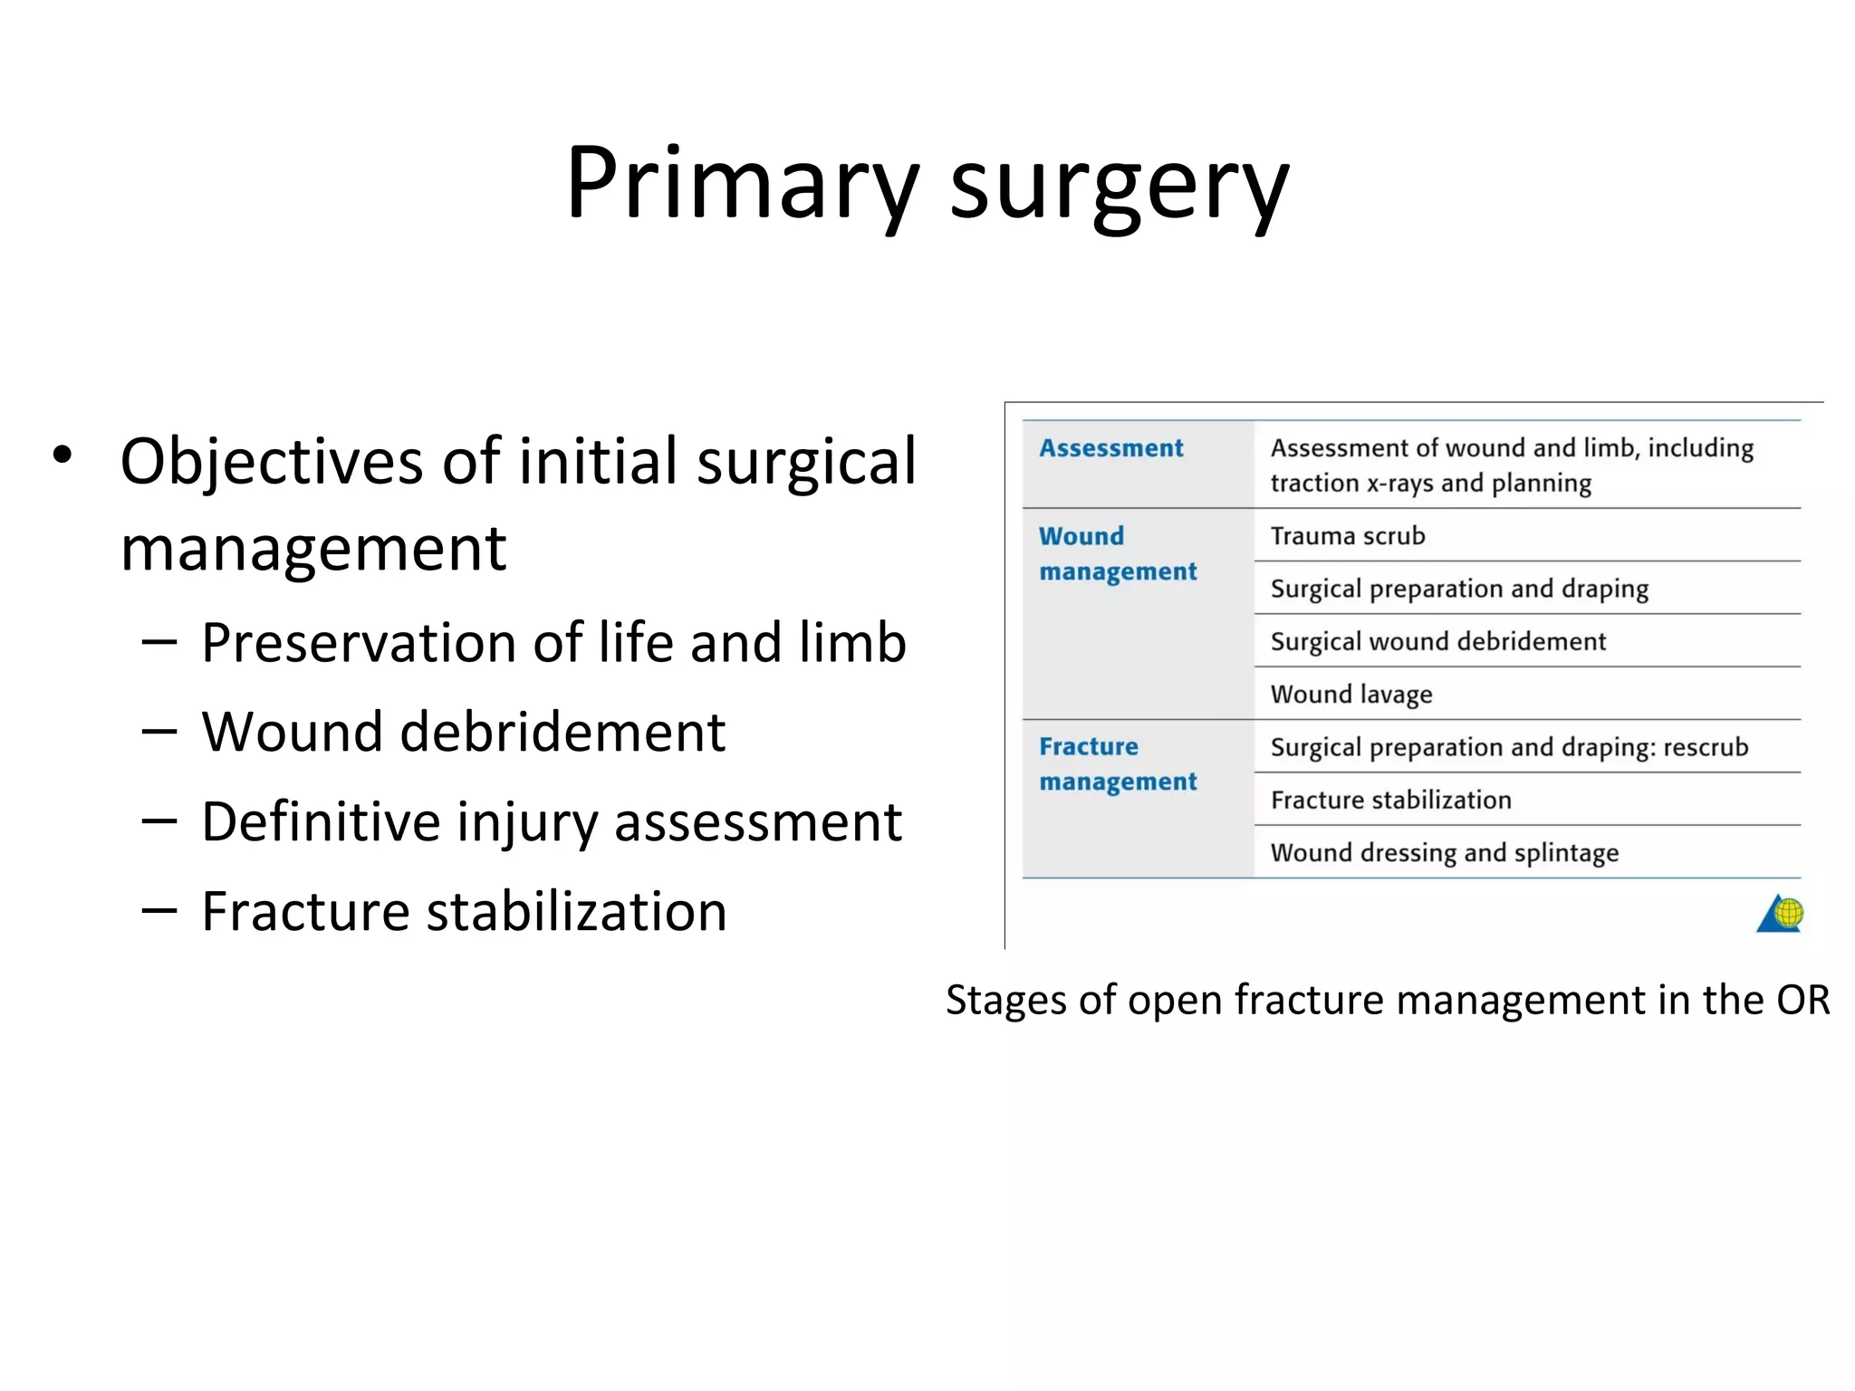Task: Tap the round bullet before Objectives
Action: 62,456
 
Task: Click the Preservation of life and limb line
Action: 553,643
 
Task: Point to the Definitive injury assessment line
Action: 551,822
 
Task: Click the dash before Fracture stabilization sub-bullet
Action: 159,911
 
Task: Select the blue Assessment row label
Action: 1110,448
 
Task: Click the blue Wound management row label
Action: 1117,553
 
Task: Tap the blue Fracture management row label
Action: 1117,763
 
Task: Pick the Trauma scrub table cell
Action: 1347,536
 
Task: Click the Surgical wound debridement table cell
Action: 1437,641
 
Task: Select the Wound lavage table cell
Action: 1350,695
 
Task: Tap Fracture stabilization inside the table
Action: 1390,800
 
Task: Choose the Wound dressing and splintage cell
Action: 1444,853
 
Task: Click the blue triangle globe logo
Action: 1780,913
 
